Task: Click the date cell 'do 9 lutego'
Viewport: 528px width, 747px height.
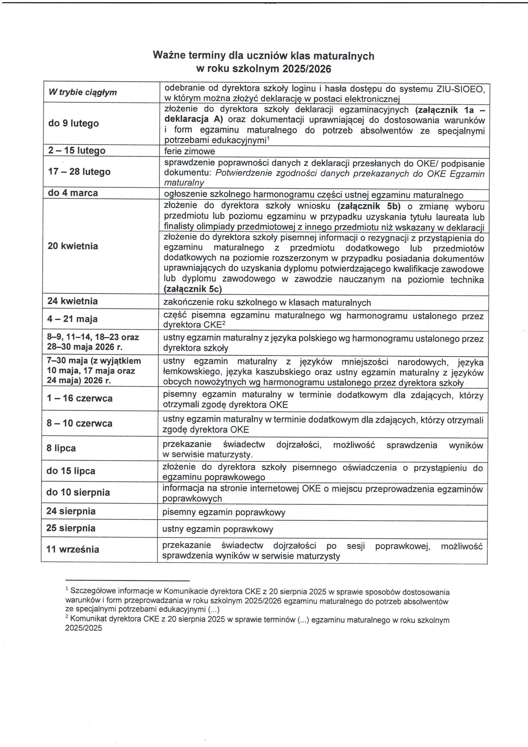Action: pyautogui.click(x=73, y=123)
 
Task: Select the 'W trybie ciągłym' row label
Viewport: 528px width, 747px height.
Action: pyautogui.click(x=82, y=92)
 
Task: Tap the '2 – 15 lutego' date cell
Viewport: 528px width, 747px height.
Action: pyautogui.click(x=77, y=150)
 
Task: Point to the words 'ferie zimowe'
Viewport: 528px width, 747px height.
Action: pyautogui.click(x=189, y=151)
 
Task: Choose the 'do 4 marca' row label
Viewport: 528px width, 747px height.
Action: pyautogui.click(x=73, y=193)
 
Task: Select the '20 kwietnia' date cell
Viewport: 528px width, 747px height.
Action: pyautogui.click(x=73, y=246)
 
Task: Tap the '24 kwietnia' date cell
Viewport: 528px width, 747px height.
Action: pyautogui.click(x=73, y=301)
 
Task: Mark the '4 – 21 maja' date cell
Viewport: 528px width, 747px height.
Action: pyautogui.click(x=72, y=319)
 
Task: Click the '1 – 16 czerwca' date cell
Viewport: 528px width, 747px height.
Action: pyautogui.click(x=80, y=398)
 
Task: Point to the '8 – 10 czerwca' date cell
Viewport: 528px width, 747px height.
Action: pyautogui.click(x=80, y=423)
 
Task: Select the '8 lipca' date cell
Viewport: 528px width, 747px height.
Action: pyautogui.click(x=61, y=448)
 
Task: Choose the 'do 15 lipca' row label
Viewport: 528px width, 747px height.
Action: pyautogui.click(x=71, y=471)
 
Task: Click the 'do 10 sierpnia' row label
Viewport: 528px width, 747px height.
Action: pyautogui.click(x=78, y=492)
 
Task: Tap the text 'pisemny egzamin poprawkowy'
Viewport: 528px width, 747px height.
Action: pyautogui.click(x=224, y=512)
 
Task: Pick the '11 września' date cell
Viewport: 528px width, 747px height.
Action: pyautogui.click(x=73, y=549)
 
